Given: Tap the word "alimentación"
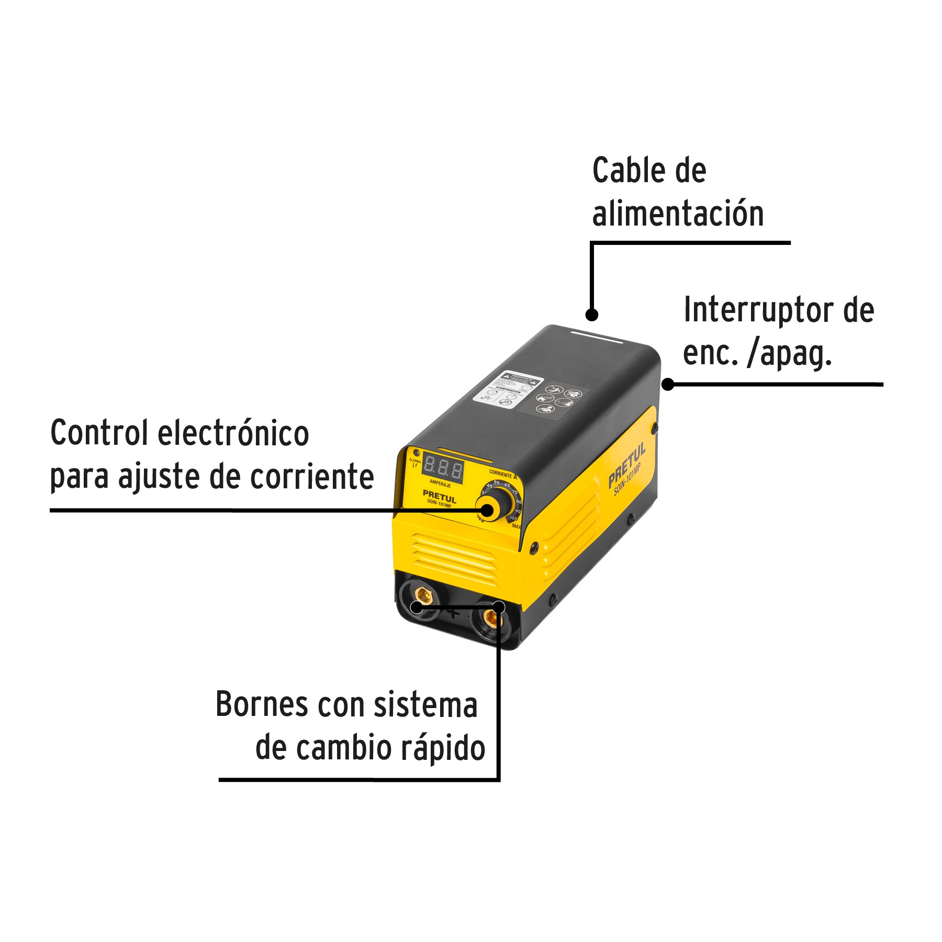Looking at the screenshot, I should pos(678,214).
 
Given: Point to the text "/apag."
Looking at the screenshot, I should pos(790,354).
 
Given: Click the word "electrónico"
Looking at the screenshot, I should pos(233,433).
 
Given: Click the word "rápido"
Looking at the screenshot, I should pos(444,748).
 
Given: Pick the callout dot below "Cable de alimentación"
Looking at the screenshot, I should pos(591,315).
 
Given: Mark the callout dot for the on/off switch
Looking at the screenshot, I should pos(668,384).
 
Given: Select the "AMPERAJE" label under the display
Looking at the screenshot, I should pos(440,485).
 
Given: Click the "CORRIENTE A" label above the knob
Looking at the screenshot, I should pos(502,474).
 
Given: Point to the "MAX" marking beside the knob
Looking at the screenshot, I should pos(516,526).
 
